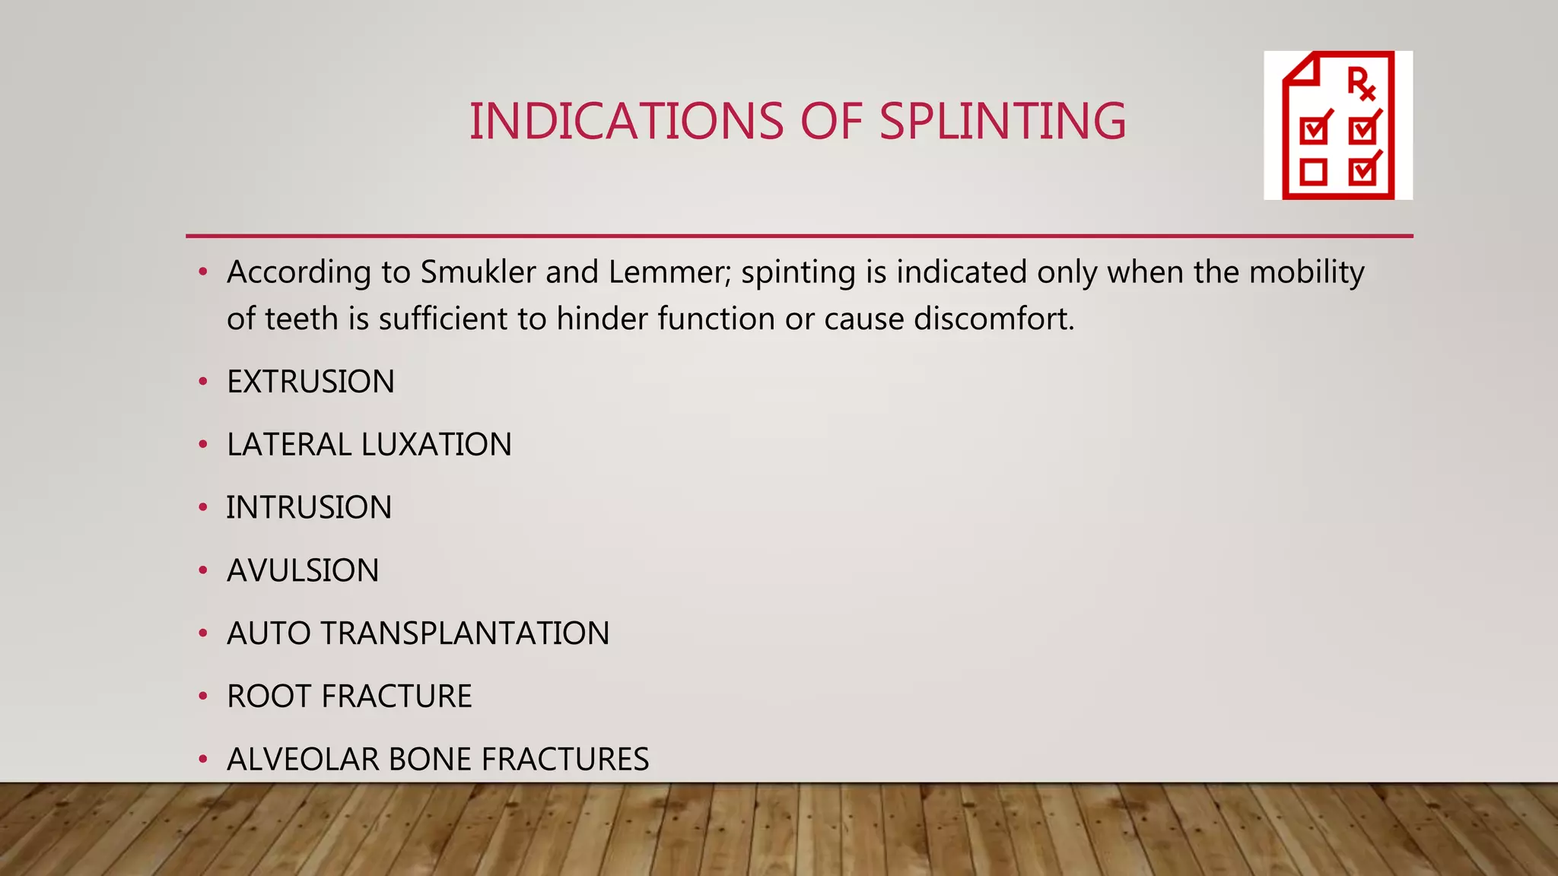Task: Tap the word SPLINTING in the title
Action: (1002, 122)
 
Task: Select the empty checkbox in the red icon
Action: (1314, 172)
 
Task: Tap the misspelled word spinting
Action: (798, 272)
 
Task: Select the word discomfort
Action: (994, 319)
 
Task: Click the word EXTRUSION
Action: (310, 382)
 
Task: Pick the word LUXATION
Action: (437, 445)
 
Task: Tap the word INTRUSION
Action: (309, 508)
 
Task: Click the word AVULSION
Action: (303, 571)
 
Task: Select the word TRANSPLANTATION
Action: (465, 633)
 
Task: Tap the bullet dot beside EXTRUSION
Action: (202, 382)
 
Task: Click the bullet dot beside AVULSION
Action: (202, 570)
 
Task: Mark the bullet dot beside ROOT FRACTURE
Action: (202, 696)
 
